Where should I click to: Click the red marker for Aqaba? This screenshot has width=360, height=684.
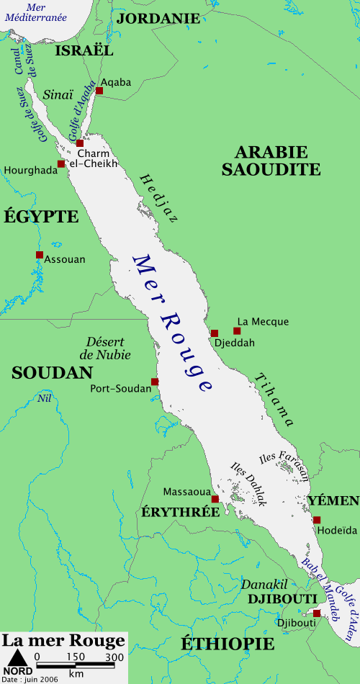pos(99,91)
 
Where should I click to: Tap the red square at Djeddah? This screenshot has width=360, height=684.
pos(215,333)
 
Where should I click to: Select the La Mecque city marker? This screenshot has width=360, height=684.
pos(237,331)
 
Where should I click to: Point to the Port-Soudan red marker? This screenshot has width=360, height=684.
pos(154,382)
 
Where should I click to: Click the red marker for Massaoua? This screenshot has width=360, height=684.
pos(215,499)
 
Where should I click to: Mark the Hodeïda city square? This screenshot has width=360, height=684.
pos(317,520)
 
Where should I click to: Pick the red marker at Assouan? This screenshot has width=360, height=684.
pos(40,255)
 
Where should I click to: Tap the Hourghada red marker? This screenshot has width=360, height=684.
pos(61,164)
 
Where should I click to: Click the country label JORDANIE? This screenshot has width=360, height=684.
pos(158,19)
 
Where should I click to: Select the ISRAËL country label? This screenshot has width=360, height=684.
pos(84,51)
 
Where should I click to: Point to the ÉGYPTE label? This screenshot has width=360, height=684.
pos(41,216)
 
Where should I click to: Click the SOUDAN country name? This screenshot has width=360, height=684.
pos(52,372)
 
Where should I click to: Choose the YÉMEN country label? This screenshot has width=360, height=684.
pos(333,501)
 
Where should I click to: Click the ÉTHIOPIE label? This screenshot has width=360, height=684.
pos(227,643)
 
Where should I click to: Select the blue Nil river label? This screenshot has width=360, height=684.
pos(45,398)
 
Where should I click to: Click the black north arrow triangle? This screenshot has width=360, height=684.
pos(17,657)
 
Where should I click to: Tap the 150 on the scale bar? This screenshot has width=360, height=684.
pos(75,657)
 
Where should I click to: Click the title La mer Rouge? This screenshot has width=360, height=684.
pos(63,641)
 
